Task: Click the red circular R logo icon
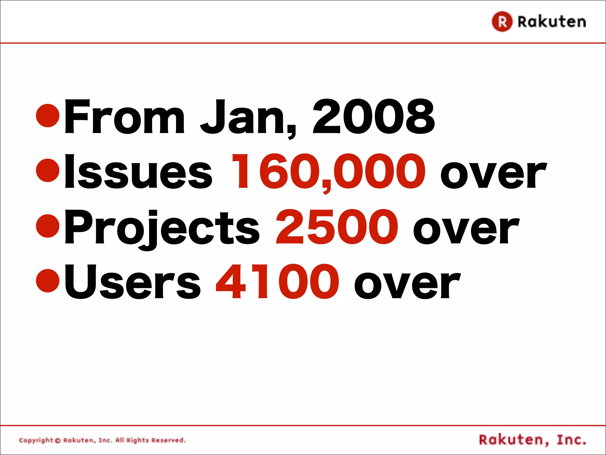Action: (502, 21)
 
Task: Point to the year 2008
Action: (373, 117)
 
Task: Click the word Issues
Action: (138, 172)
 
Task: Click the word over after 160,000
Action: (493, 173)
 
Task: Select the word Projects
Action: (162, 227)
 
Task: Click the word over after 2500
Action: (466, 228)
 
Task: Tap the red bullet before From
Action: (48, 116)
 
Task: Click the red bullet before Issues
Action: (48, 171)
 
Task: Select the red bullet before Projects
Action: (48, 226)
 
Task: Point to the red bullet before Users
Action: (48, 280)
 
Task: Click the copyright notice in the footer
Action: (102, 440)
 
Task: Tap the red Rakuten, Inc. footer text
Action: (533, 440)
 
